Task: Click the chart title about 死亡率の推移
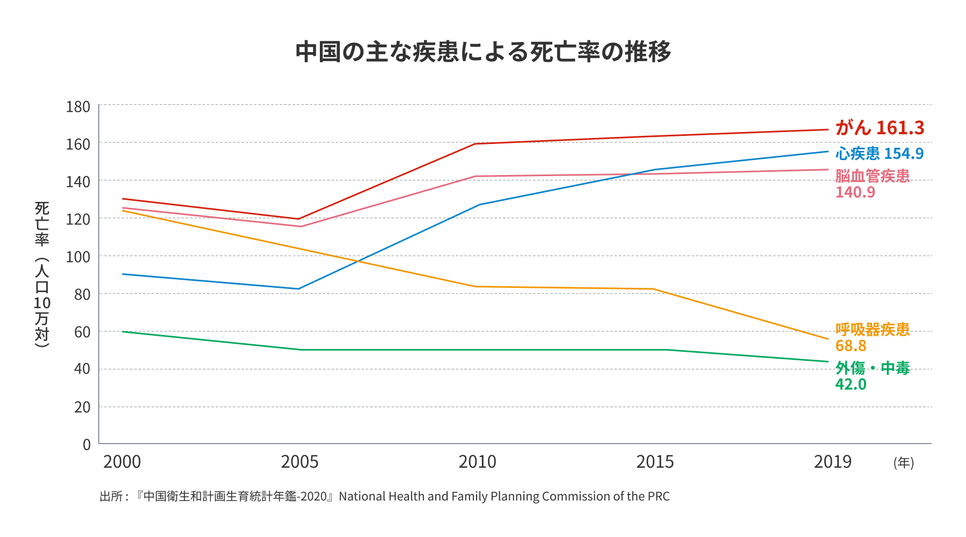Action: point(483,52)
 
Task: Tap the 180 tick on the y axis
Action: point(78,107)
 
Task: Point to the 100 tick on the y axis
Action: point(78,257)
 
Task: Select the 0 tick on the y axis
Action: point(86,444)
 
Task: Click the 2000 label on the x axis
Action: point(122,462)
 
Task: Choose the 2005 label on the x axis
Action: point(299,462)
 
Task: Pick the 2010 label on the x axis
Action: point(477,462)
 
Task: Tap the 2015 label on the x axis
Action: point(655,462)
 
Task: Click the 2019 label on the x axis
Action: point(832,462)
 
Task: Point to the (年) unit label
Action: point(904,462)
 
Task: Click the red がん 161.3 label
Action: point(880,128)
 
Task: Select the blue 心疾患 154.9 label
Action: point(880,154)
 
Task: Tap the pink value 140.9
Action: point(855,192)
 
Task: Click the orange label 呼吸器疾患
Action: point(873,329)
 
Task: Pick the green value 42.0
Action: point(851,384)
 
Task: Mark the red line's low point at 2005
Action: point(298,219)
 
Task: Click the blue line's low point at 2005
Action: point(298,289)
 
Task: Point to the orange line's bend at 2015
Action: point(653,289)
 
